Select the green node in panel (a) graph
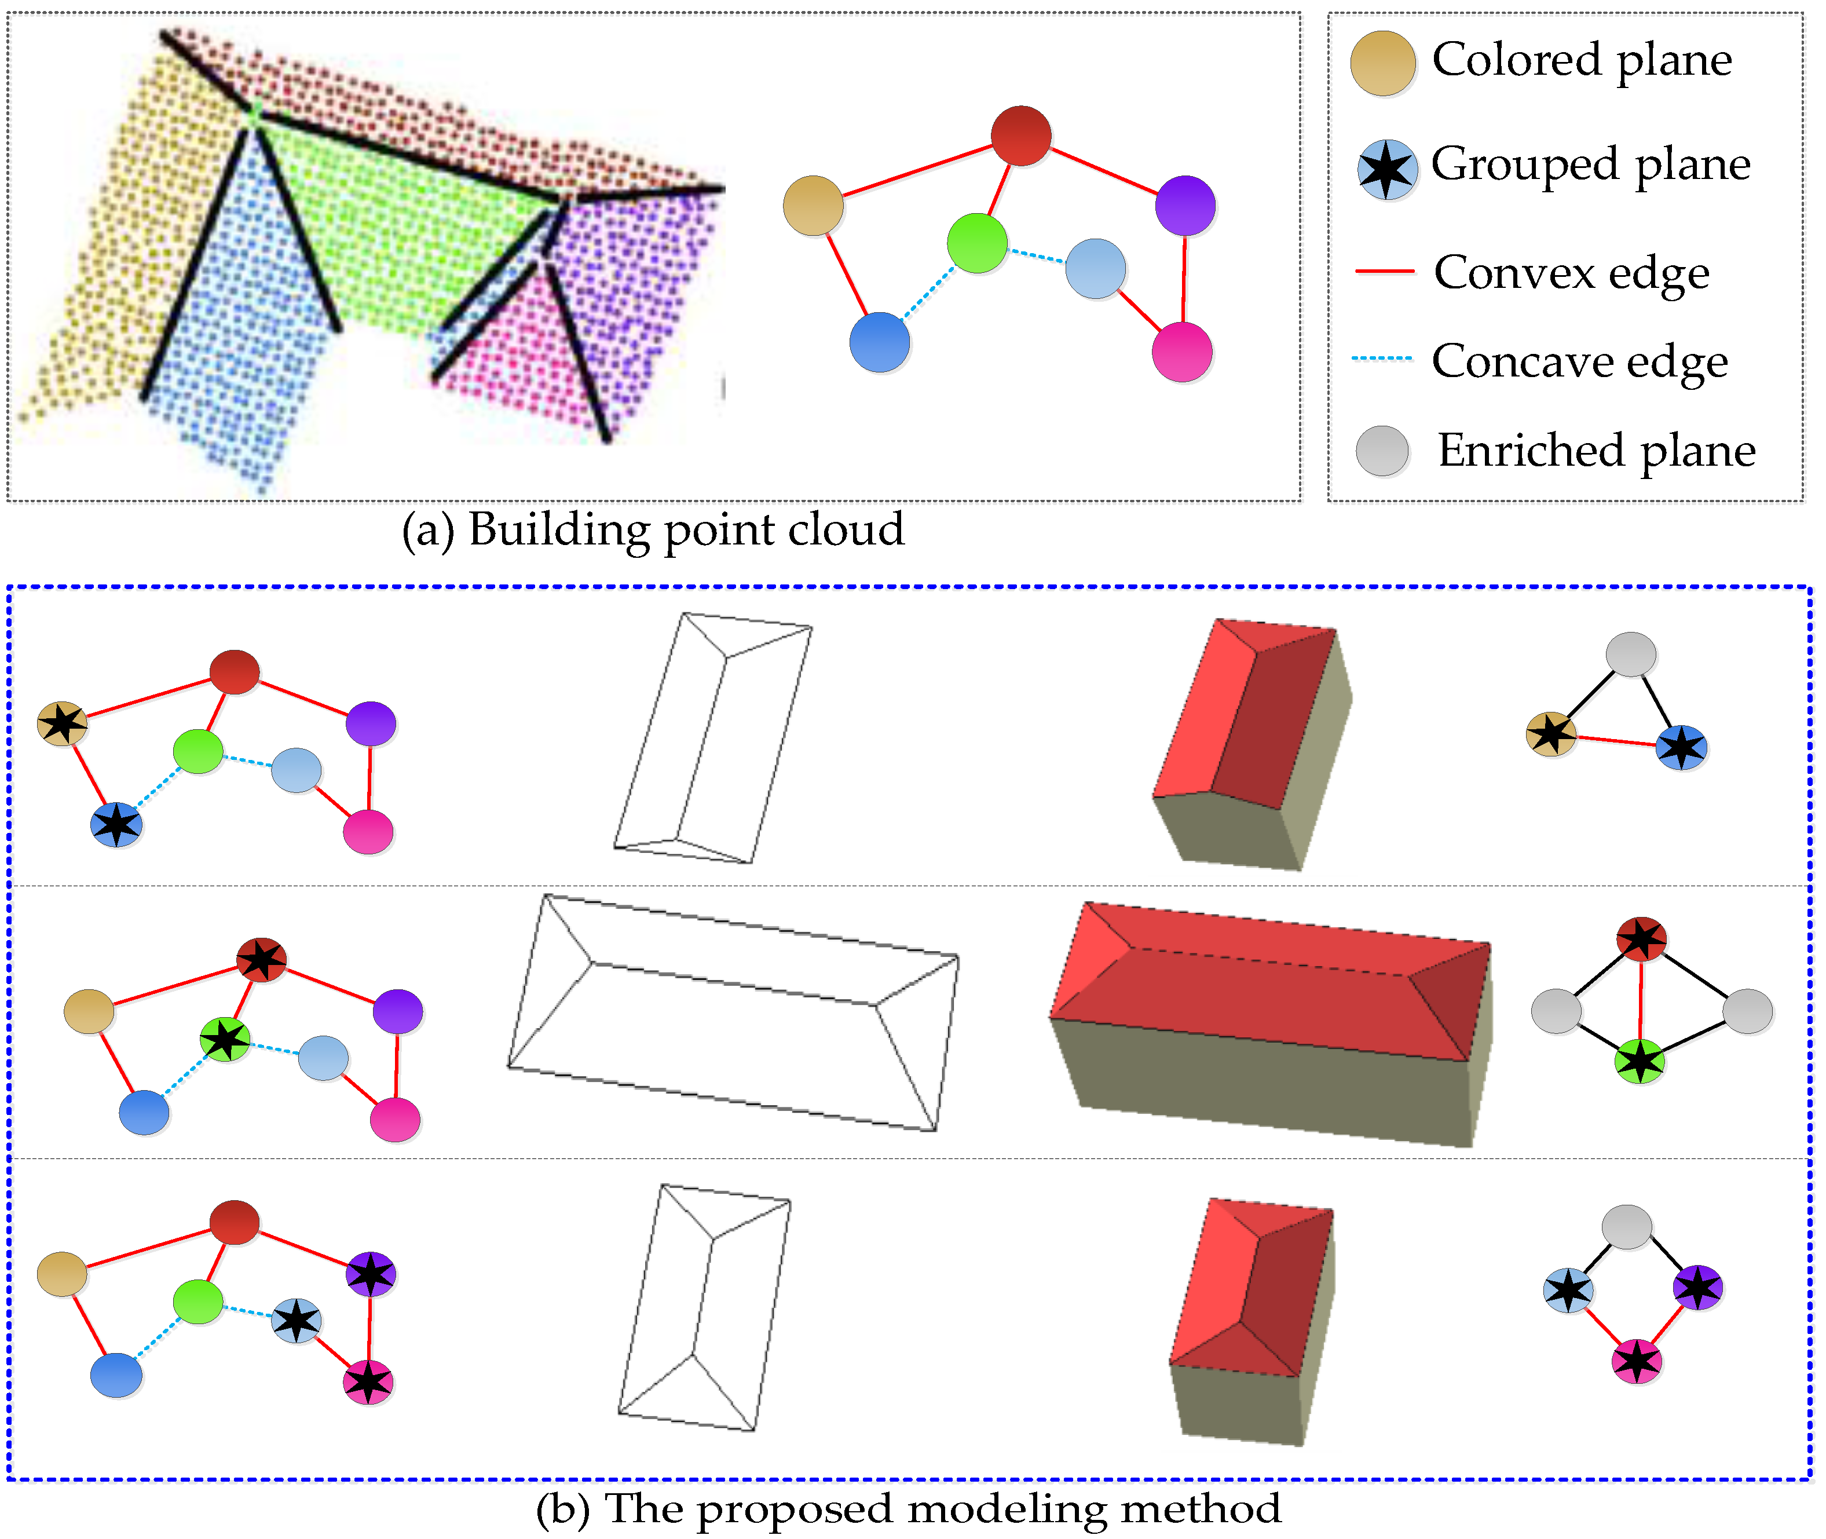(977, 243)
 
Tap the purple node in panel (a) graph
(1185, 206)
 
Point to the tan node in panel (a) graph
(813, 206)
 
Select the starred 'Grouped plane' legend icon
(1386, 169)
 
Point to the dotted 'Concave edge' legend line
(1382, 359)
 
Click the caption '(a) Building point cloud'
(653, 529)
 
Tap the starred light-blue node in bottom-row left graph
(297, 1320)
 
